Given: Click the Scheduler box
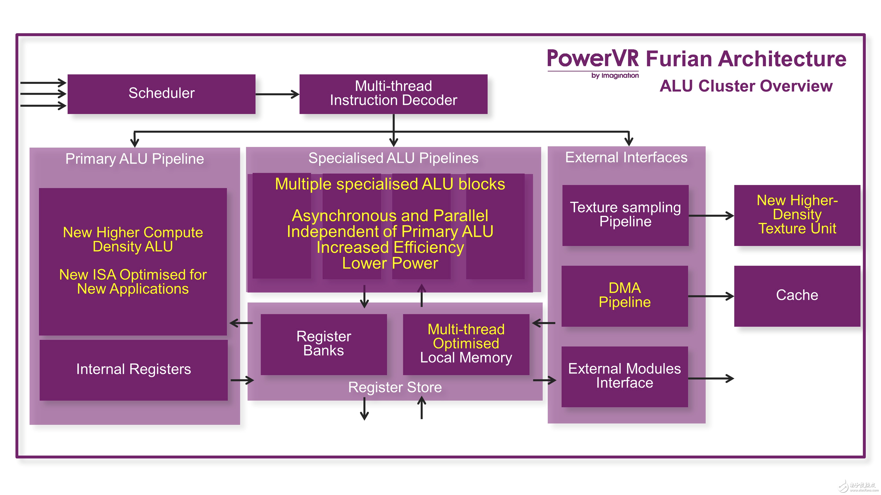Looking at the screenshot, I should [x=161, y=94].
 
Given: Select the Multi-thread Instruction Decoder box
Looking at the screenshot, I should [x=393, y=94].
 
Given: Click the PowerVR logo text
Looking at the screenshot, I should [x=593, y=59].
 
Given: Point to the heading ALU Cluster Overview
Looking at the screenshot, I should [x=746, y=86].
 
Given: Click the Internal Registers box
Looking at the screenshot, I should [x=133, y=369].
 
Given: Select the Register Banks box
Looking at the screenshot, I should [x=324, y=344].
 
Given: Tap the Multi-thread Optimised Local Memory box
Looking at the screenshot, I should [x=466, y=344].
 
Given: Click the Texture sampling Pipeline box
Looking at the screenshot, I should [x=625, y=215].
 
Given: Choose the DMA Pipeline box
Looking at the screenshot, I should [x=625, y=296].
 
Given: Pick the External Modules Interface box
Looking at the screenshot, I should [x=625, y=376].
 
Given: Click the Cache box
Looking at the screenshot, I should [x=797, y=296].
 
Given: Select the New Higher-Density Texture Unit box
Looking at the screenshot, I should [x=797, y=215].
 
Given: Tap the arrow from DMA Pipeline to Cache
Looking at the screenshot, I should [x=711, y=296].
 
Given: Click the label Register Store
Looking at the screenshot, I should [x=395, y=388].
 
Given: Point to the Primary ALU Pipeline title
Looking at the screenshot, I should [x=134, y=159].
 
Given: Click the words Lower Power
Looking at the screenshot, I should [x=390, y=263].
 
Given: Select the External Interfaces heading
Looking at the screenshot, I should [x=626, y=157].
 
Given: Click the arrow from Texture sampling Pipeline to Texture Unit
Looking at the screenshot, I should [x=711, y=216].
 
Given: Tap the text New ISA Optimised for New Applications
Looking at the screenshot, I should [x=133, y=282].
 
